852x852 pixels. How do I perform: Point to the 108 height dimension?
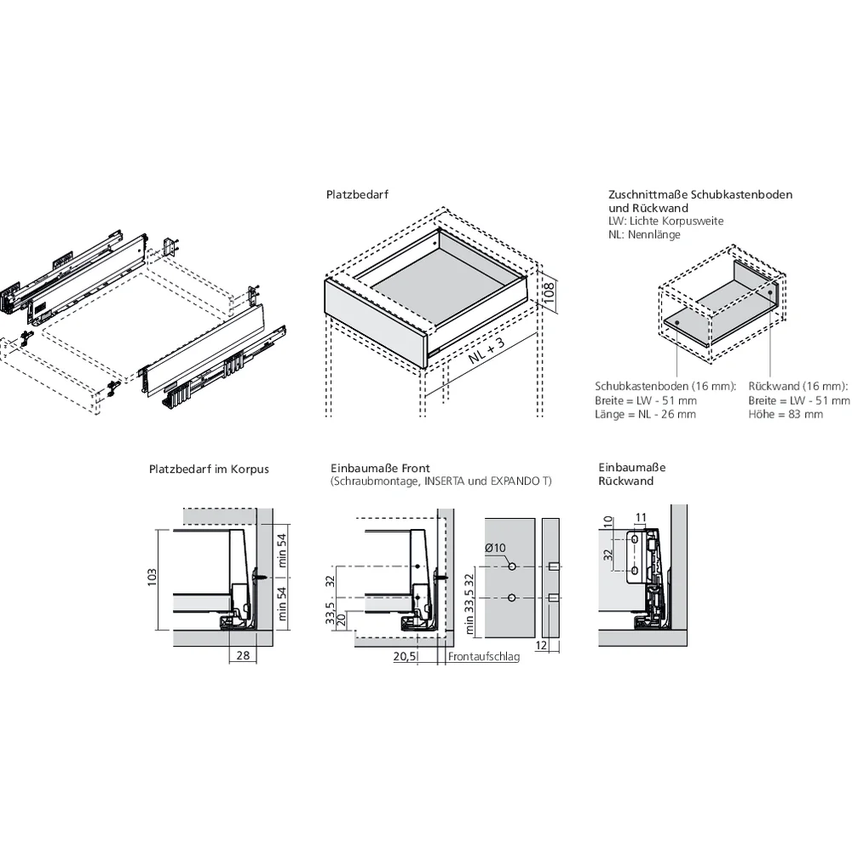pos(550,293)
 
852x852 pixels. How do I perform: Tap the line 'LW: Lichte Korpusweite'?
pos(665,221)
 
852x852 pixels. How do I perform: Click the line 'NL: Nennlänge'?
pos(644,234)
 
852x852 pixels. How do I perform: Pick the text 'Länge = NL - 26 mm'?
pos(645,414)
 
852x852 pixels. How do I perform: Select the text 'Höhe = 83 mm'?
pos(786,414)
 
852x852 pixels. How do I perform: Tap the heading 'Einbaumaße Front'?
pos(380,469)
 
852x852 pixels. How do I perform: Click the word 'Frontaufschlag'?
pos(483,657)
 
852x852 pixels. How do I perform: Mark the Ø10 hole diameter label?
pos(495,548)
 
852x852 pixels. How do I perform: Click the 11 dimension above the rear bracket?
pos(641,517)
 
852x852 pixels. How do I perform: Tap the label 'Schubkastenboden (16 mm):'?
pos(665,386)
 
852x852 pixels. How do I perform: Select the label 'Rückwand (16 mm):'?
pos(798,386)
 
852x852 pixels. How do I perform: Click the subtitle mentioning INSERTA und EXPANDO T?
pos(440,481)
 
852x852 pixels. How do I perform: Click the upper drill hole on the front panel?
pos(510,567)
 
